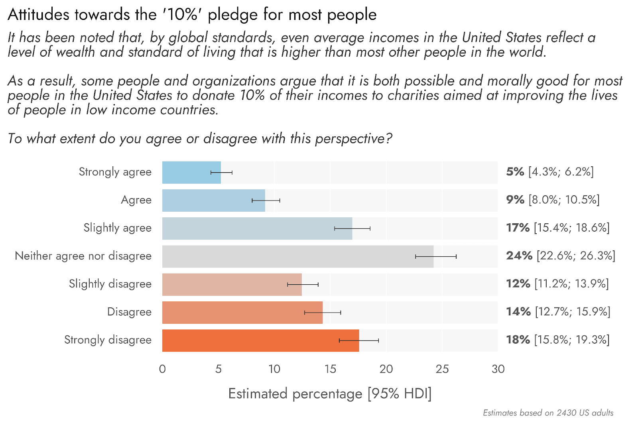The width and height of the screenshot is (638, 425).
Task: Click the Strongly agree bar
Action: [x=191, y=173]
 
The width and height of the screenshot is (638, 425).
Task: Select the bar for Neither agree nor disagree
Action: [x=297, y=256]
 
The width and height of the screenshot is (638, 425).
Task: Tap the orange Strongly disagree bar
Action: [x=260, y=340]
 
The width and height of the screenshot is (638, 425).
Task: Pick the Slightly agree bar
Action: [x=257, y=228]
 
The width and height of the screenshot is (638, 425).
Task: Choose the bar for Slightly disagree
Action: [x=232, y=284]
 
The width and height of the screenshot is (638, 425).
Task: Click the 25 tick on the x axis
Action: [x=442, y=369]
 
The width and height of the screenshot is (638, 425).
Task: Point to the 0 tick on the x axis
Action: [x=162, y=369]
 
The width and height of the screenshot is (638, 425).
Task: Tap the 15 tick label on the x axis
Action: [x=330, y=369]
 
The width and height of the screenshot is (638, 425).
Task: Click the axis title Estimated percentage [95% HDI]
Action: [x=330, y=394]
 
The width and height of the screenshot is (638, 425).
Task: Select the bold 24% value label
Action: [x=519, y=256]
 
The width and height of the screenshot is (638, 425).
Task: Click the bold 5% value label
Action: [x=515, y=172]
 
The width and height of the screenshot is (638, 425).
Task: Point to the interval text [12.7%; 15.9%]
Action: [x=573, y=312]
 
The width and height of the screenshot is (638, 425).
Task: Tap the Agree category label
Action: [x=136, y=200]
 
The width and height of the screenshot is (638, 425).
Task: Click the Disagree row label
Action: [x=129, y=312]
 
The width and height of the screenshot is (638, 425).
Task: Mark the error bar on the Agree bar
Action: [x=266, y=201]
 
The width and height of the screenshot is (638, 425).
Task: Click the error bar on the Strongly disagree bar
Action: [x=359, y=340]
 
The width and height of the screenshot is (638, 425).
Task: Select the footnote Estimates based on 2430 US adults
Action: [x=548, y=413]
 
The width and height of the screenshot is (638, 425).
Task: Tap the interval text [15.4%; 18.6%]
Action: [x=572, y=228]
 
